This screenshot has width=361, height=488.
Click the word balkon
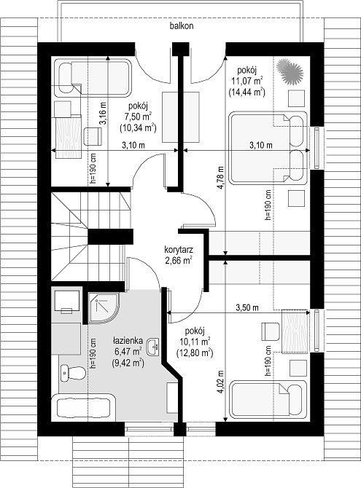[x=182, y=26]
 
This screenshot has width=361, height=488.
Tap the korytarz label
[x=179, y=250]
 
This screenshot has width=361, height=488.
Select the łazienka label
[x=128, y=340]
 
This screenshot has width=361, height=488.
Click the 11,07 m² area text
[x=247, y=82]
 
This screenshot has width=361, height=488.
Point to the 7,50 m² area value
[x=138, y=117]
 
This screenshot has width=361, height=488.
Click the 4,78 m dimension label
[x=221, y=178]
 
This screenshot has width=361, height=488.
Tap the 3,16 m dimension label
[x=103, y=114]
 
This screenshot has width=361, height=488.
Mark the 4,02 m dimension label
[x=221, y=382]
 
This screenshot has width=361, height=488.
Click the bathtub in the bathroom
[x=84, y=406]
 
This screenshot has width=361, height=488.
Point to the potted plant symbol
[x=290, y=71]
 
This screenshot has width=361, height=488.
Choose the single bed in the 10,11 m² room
[x=268, y=398]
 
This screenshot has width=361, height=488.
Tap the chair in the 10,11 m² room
[x=271, y=331]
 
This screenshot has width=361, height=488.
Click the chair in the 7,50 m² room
[x=93, y=136]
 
